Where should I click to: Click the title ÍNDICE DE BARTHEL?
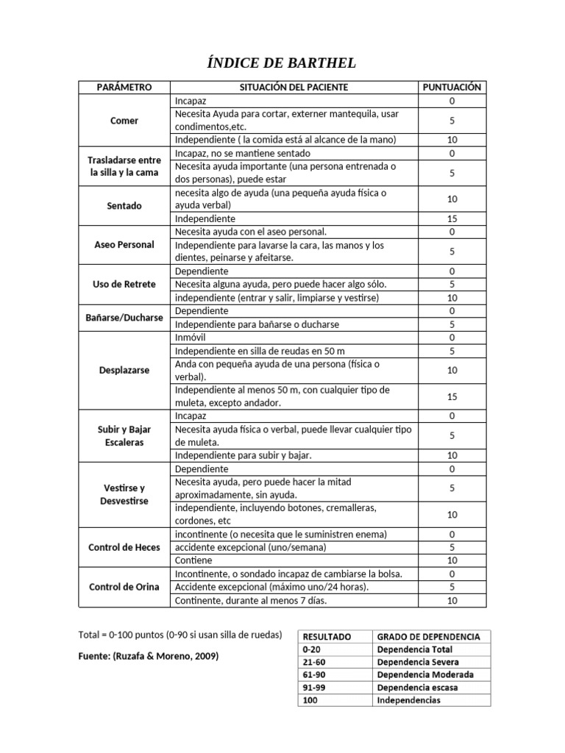282,64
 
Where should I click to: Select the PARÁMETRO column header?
124,87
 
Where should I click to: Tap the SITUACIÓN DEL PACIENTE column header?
294,87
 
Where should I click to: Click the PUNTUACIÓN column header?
452,87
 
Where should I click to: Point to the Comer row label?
124,121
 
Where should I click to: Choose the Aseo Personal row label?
124,245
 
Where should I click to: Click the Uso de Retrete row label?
124,285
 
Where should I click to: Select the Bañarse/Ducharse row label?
124,318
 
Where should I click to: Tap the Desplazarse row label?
124,370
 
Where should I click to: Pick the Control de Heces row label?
124,547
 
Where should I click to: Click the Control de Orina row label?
124,587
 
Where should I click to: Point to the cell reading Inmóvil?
191,338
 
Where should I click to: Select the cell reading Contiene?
193,560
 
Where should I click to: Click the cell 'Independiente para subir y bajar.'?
244,455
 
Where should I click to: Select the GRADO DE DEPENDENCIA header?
428,636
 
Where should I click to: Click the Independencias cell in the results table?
408,700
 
